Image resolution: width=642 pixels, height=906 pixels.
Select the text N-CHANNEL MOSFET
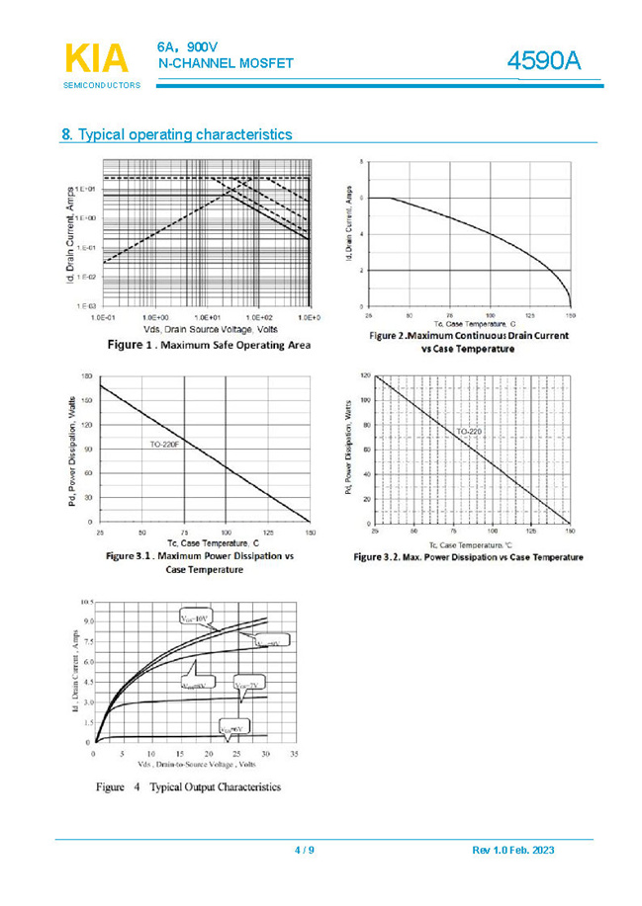pos(226,63)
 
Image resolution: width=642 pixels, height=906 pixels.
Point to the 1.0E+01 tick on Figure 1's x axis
pos(207,317)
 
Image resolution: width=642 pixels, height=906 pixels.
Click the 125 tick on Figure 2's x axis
pos(530,315)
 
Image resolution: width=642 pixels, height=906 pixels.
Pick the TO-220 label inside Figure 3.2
pos(468,432)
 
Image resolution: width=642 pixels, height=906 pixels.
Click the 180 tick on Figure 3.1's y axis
pos(88,376)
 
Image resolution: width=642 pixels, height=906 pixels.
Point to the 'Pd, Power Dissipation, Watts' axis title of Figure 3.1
pos(73,451)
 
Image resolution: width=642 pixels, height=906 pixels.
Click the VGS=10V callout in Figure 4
pos(194,618)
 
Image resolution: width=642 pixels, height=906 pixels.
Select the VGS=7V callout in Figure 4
pos(247,684)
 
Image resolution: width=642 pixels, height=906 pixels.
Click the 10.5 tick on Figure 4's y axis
pos(85,601)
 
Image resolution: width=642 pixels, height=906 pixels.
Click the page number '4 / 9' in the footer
pos(305,851)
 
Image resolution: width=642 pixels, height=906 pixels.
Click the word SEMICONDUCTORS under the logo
pos(102,86)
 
